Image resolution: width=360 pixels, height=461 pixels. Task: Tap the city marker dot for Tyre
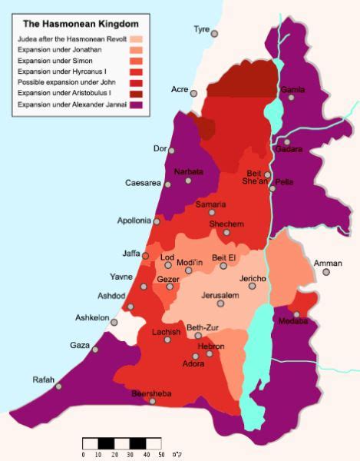[x=214, y=34]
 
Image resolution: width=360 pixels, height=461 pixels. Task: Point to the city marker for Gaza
[x=96, y=350]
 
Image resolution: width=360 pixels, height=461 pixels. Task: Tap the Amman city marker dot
[x=326, y=272]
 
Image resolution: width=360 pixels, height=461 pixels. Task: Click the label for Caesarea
[x=143, y=183]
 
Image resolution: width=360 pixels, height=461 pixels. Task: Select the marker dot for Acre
[x=194, y=94]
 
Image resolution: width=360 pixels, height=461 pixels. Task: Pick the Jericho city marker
[x=252, y=286]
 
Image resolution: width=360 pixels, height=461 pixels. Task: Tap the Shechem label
[x=226, y=224]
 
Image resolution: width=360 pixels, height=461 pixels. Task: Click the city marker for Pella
[x=272, y=187]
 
